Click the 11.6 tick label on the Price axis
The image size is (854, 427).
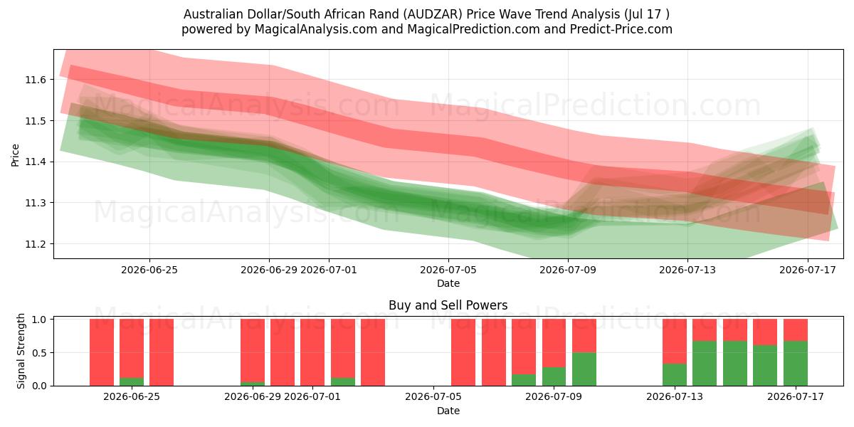(36, 80)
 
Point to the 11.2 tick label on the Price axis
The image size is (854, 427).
(36, 244)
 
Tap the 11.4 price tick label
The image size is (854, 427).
(36, 162)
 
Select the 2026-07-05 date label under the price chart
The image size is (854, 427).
(448, 270)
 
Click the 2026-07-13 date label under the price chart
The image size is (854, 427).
(687, 270)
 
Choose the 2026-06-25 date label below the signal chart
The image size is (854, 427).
(132, 396)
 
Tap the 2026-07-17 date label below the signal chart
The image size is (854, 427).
(796, 396)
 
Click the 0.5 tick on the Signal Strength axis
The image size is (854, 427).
(39, 353)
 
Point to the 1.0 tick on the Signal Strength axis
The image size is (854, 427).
(39, 320)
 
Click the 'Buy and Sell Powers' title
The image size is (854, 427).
(448, 305)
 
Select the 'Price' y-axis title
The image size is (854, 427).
(15, 155)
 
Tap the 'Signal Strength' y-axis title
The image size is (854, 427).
(21, 351)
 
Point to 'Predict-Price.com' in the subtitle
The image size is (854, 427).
(621, 29)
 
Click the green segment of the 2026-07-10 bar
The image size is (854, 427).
(584, 369)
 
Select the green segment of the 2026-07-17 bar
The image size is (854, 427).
(796, 364)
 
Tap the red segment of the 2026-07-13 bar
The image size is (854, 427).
(675, 341)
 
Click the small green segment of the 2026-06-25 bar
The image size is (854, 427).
(132, 381)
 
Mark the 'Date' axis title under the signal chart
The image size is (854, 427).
(448, 411)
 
